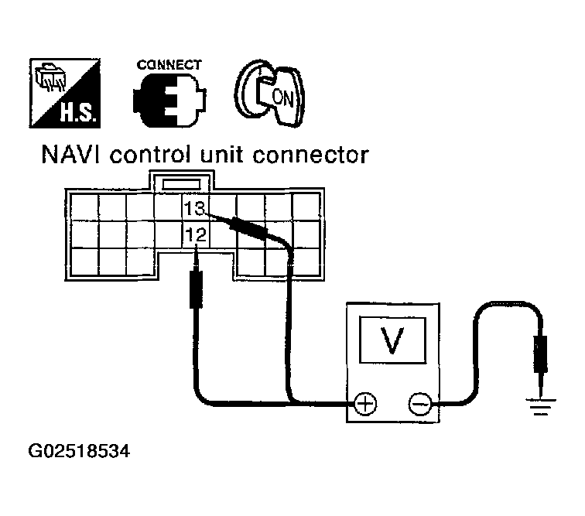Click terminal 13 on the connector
coord(195,208)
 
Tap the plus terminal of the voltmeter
coord(364,403)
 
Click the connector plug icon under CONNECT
coord(169,102)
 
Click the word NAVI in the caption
coord(72,155)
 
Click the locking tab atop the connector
coord(180,183)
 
